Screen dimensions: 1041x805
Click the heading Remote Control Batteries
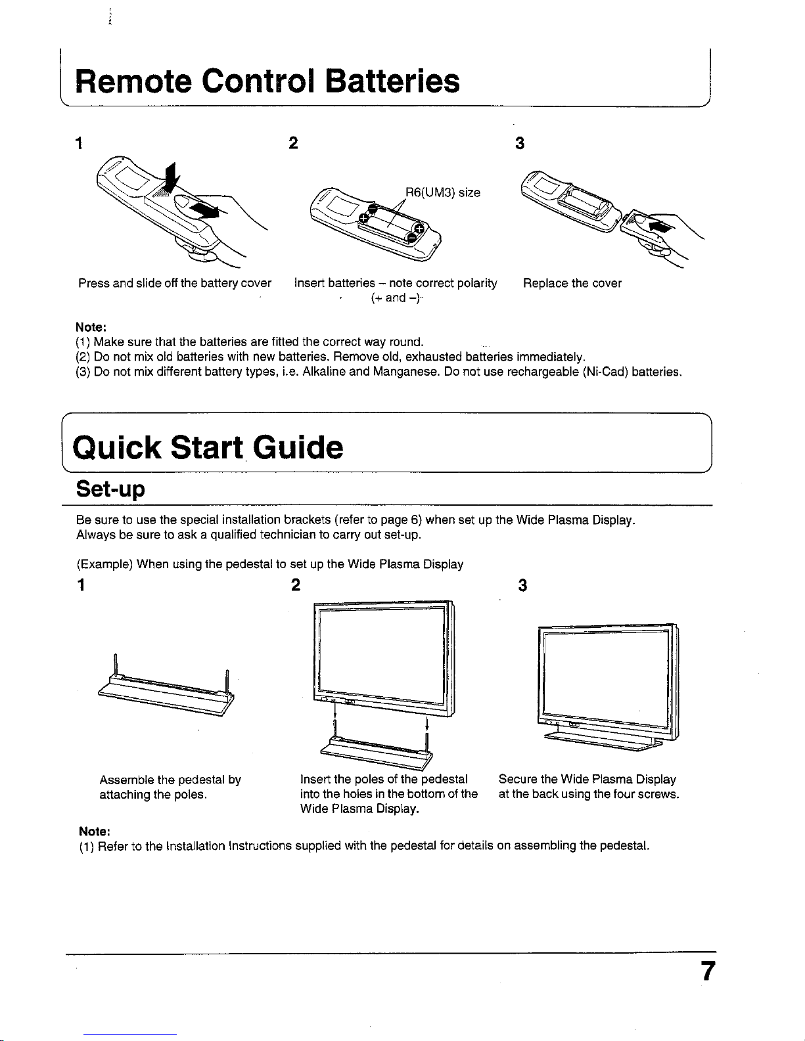(x=267, y=81)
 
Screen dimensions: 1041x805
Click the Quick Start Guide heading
(x=208, y=448)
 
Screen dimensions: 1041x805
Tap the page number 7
(x=706, y=971)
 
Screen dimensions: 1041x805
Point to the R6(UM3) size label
(x=442, y=192)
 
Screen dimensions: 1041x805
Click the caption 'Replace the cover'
(x=572, y=283)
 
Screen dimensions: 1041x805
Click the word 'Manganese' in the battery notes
(x=406, y=372)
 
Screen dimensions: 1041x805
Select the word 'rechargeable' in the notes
(x=543, y=372)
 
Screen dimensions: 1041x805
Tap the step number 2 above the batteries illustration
(x=294, y=143)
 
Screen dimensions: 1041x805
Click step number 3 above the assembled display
(x=522, y=585)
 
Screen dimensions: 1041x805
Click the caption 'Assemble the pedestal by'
(x=170, y=780)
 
